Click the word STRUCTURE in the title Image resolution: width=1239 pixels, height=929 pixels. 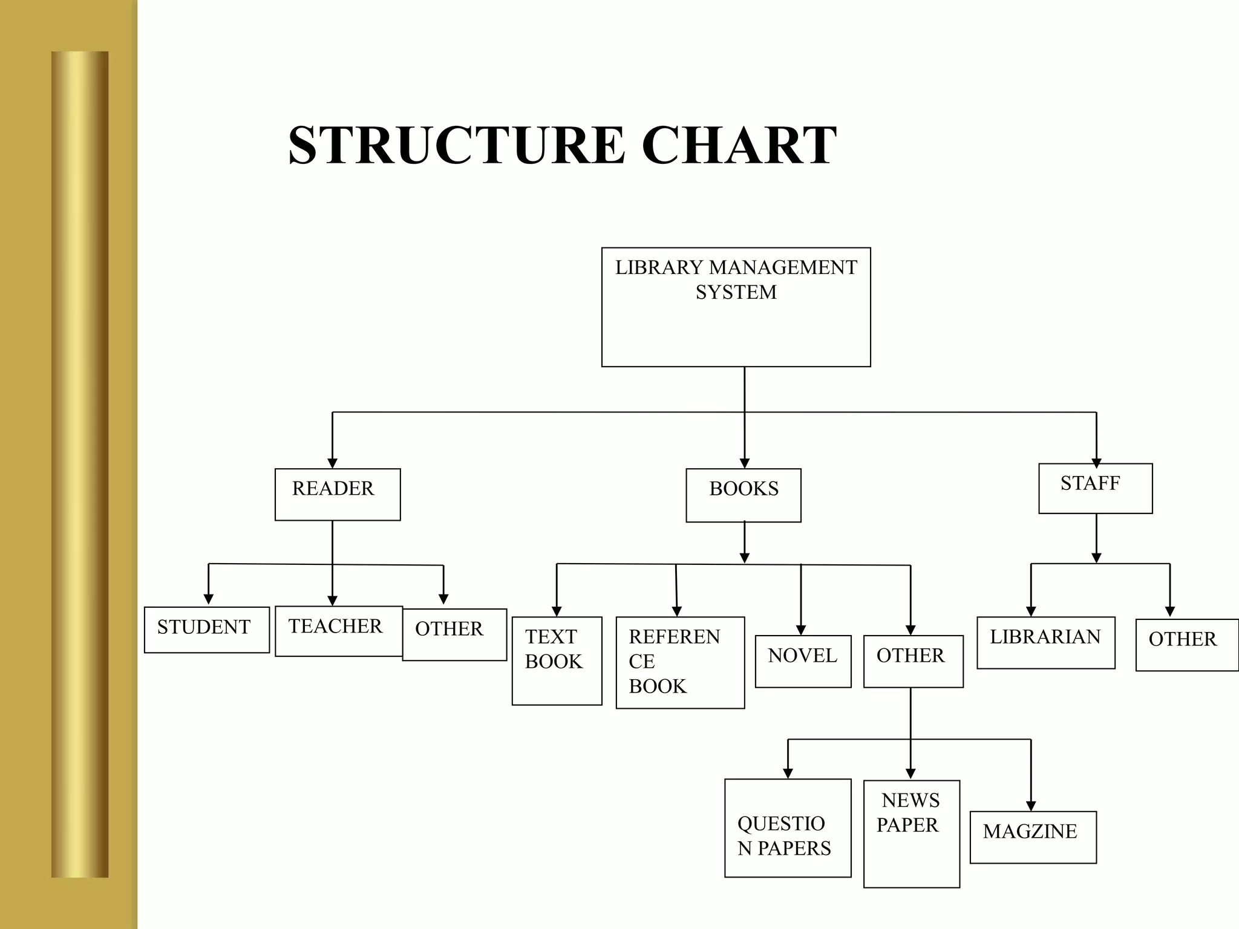pos(457,145)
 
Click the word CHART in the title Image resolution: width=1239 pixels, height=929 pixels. pos(739,145)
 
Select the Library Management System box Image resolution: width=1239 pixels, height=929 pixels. pos(736,307)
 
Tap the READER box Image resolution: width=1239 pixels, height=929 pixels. pos(338,494)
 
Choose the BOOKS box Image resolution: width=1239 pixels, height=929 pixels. pos(743,495)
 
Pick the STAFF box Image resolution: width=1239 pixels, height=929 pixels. pos(1095,488)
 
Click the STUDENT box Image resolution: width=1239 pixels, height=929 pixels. pos(206,630)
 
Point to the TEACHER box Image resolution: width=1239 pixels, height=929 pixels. pos(338,631)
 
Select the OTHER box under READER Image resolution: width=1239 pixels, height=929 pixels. pos(454,634)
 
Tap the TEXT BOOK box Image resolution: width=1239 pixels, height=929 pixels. pos(557,660)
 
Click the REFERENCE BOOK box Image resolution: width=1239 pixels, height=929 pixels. pos(680,662)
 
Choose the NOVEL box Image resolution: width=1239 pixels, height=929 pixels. pos(803,661)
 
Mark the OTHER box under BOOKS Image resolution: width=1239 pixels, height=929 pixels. pos(913,661)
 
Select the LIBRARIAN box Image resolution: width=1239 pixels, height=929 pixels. pos(1045,642)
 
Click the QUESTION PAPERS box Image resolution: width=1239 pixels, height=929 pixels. pos(788,827)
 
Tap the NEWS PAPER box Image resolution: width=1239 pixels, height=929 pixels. pos(911,833)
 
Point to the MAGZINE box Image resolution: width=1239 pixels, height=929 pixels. pos(1033,837)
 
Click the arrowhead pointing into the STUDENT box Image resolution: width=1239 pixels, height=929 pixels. pos(208,599)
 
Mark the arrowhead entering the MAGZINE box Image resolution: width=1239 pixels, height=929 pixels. pos(1031,806)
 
